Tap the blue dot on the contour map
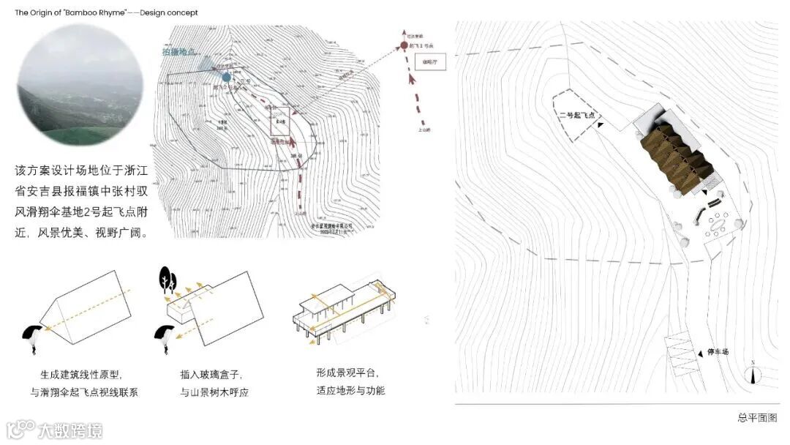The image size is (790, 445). pyautogui.click(x=227, y=77)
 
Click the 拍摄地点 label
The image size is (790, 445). pyautogui.click(x=183, y=52)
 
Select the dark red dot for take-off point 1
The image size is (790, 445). pyautogui.click(x=404, y=47)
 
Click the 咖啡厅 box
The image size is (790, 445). pyautogui.click(x=419, y=62)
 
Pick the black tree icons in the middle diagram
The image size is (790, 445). pyautogui.click(x=168, y=279)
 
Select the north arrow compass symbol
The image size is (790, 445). pyautogui.click(x=753, y=373)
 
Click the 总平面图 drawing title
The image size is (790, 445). pyautogui.click(x=756, y=418)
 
